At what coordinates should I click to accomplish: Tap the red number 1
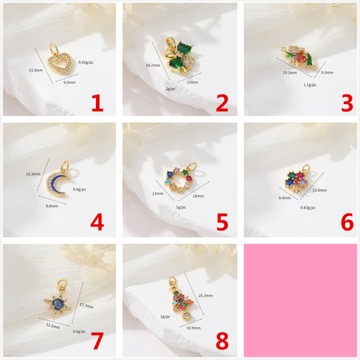pyautogui.click(x=97, y=103)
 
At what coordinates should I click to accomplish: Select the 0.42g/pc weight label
pyautogui.click(x=86, y=62)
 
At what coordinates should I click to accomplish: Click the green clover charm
pyautogui.click(x=180, y=56)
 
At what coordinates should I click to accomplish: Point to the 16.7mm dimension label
pyautogui.click(x=153, y=66)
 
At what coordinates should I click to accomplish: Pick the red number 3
pyautogui.click(x=347, y=103)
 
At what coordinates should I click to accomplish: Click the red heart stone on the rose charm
pyautogui.click(x=300, y=57)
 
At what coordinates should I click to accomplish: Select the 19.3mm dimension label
pyautogui.click(x=290, y=72)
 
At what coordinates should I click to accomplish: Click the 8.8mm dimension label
pyautogui.click(x=52, y=206)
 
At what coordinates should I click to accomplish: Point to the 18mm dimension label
pyautogui.click(x=198, y=196)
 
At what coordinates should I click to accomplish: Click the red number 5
pyautogui.click(x=222, y=222)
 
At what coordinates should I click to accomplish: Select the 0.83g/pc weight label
pyautogui.click(x=308, y=207)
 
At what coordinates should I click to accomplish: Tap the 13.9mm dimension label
pyautogui.click(x=319, y=190)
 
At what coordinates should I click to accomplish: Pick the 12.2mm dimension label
pyautogui.click(x=53, y=326)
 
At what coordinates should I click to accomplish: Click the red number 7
pyautogui.click(x=97, y=340)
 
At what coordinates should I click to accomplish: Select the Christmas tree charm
pyautogui.click(x=182, y=299)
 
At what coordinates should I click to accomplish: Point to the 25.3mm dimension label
pyautogui.click(x=205, y=295)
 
